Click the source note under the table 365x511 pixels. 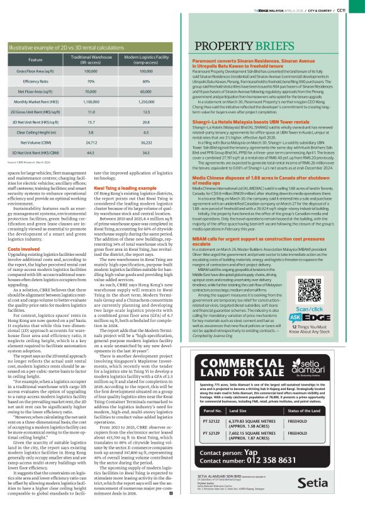click(32, 162)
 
